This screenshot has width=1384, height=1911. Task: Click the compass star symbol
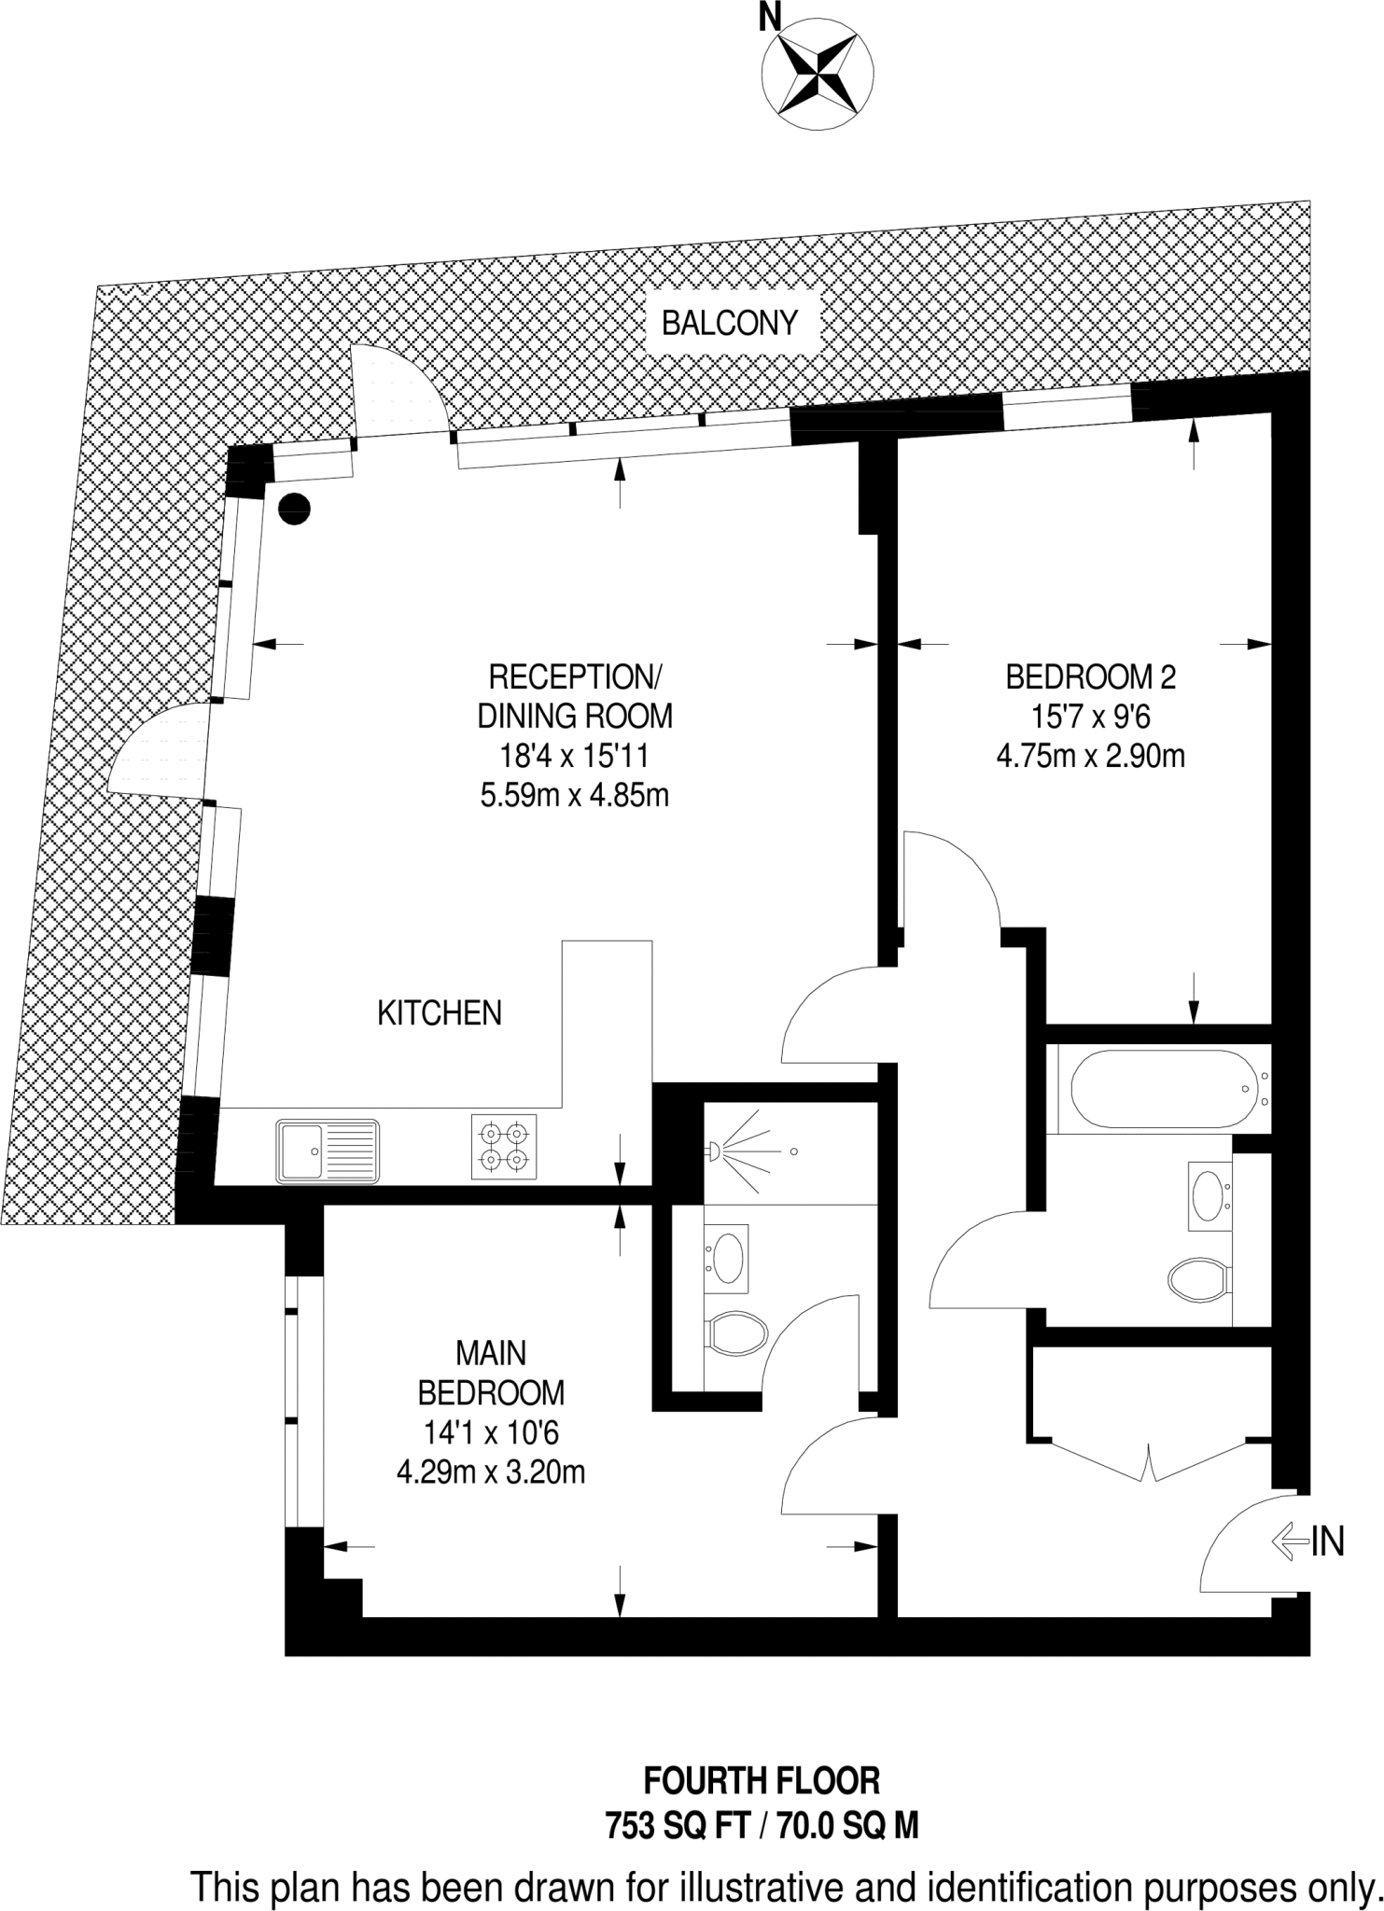[x=818, y=72]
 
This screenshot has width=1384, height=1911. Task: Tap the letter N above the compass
[x=770, y=16]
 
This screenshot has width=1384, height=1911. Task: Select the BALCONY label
[x=730, y=324]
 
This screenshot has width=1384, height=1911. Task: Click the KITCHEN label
[x=440, y=1012]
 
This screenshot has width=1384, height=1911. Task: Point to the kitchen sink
[x=328, y=1151]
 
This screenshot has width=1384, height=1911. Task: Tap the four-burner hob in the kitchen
[x=504, y=1147]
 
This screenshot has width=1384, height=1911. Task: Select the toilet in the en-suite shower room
[x=736, y=1333]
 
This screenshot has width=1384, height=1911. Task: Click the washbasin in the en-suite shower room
[x=727, y=1256]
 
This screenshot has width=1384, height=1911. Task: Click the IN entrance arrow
[x=1288, y=1541]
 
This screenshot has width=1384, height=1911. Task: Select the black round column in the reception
[x=295, y=508]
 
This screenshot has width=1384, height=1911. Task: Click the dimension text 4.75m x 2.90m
[x=1090, y=756]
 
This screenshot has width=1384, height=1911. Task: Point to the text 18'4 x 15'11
[x=575, y=755]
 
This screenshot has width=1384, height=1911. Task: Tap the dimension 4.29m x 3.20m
[x=491, y=1472]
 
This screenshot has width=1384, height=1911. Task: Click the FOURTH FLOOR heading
[x=762, y=1782]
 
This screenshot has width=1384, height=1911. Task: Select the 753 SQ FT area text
[x=678, y=1824]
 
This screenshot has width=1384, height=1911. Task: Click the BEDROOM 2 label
[x=1090, y=677]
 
